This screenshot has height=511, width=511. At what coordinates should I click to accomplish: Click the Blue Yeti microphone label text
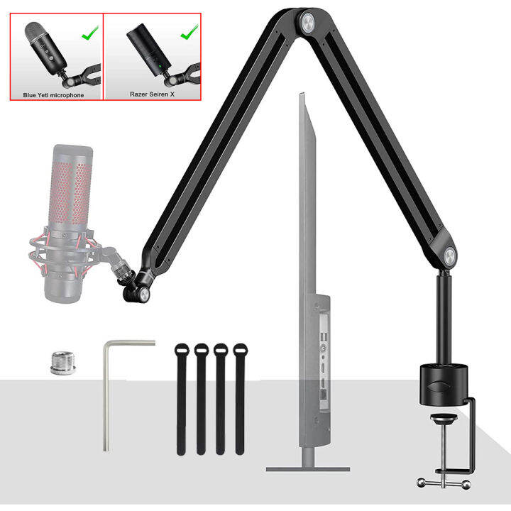53,94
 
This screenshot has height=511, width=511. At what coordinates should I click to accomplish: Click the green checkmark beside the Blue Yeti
89,32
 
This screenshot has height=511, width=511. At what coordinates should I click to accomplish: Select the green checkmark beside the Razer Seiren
188,32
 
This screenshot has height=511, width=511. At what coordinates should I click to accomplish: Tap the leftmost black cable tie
182,397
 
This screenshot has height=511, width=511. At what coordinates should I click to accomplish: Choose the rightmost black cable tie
240,397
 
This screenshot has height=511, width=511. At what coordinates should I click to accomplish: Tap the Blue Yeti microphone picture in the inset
38,45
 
